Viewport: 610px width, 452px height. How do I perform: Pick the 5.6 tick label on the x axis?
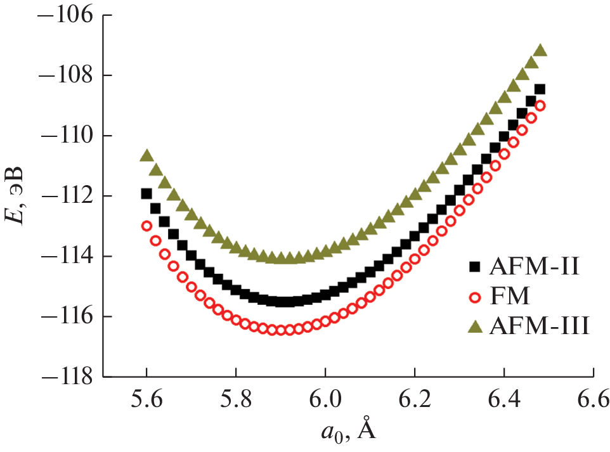tap(146, 401)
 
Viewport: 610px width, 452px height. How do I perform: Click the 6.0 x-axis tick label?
tap(325, 401)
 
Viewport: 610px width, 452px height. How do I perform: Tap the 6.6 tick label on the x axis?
tap(592, 401)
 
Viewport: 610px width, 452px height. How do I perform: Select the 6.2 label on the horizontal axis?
tap(414, 401)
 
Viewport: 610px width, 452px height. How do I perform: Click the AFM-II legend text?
tap(534, 266)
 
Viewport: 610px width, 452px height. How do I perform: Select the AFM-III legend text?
tap(540, 327)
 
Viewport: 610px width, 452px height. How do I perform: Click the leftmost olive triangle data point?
tap(146, 155)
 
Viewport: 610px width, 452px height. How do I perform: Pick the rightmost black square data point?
tap(540, 89)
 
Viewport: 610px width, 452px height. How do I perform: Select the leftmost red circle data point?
tap(146, 226)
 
